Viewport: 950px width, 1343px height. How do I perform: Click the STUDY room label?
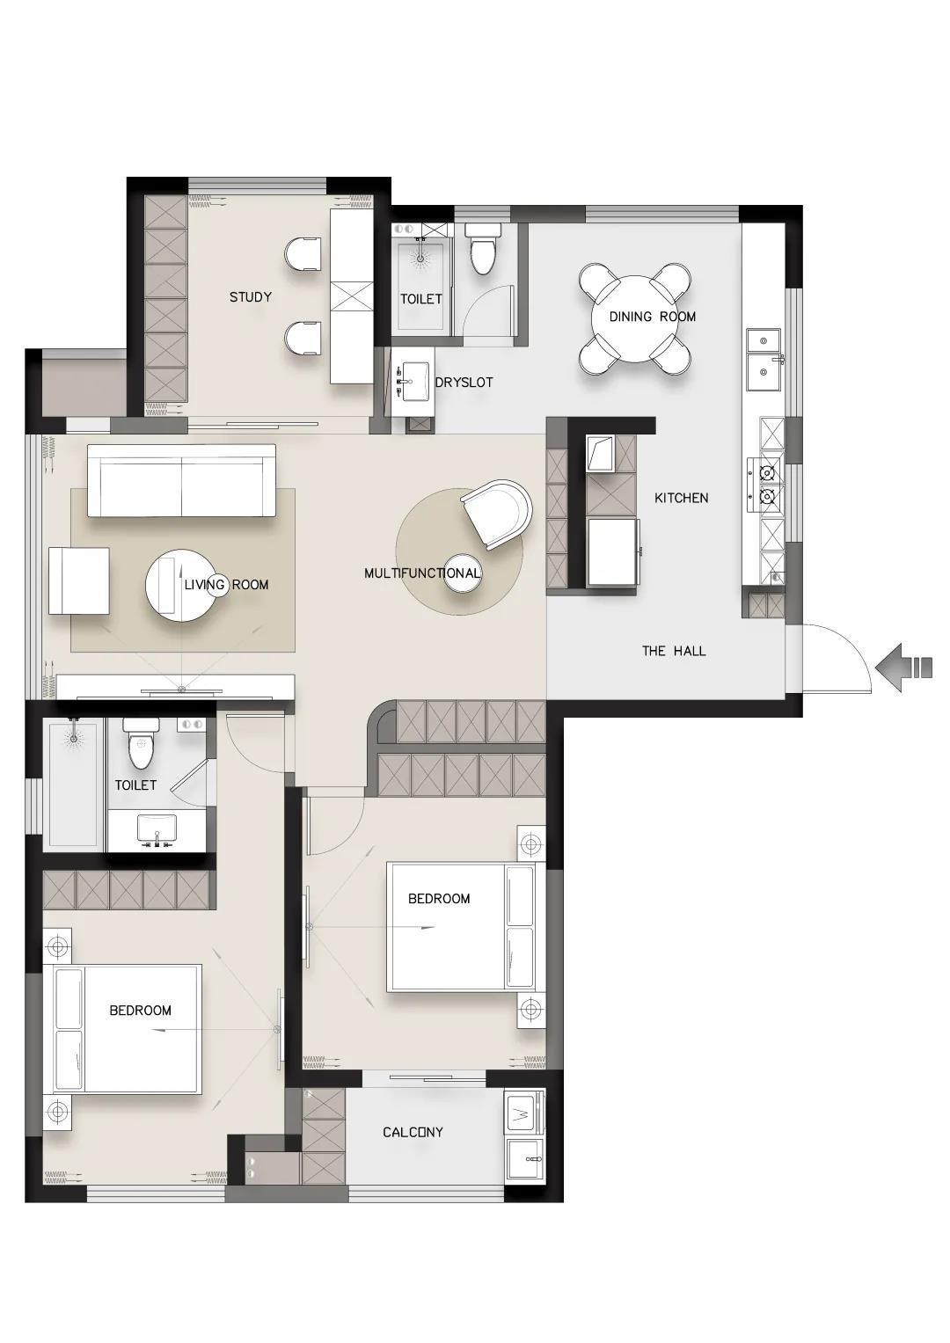point(250,296)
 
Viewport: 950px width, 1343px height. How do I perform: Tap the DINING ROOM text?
point(653,317)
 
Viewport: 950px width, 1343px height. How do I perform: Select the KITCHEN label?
point(682,498)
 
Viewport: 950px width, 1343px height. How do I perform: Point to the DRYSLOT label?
point(464,383)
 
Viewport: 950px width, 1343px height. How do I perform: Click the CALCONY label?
point(413,1133)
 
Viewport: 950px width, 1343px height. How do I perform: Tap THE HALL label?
point(674,651)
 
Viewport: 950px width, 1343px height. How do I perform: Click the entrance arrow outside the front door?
point(903,668)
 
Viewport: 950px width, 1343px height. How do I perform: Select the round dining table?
point(634,318)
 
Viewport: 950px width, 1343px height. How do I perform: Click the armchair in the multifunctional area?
point(497,514)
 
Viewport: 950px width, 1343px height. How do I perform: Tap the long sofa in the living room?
point(181,480)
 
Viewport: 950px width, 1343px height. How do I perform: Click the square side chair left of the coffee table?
point(79,580)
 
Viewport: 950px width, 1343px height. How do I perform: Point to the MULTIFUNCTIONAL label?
point(422,573)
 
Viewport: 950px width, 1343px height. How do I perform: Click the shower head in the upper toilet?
point(421,255)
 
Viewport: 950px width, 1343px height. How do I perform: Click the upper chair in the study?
point(303,254)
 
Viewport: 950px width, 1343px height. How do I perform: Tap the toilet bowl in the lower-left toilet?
point(142,743)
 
